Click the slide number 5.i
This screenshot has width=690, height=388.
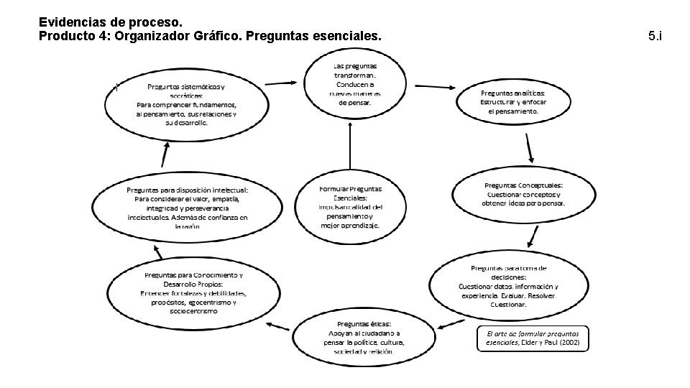[654, 35]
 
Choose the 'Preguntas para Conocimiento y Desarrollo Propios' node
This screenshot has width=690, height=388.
[194, 292]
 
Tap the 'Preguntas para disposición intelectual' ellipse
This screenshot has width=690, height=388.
[187, 207]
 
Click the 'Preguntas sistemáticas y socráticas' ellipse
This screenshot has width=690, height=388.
[185, 106]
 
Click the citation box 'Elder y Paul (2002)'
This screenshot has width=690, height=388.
[533, 338]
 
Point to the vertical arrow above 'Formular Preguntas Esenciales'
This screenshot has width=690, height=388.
[350, 149]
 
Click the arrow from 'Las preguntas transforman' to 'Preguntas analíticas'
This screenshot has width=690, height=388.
[428, 85]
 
